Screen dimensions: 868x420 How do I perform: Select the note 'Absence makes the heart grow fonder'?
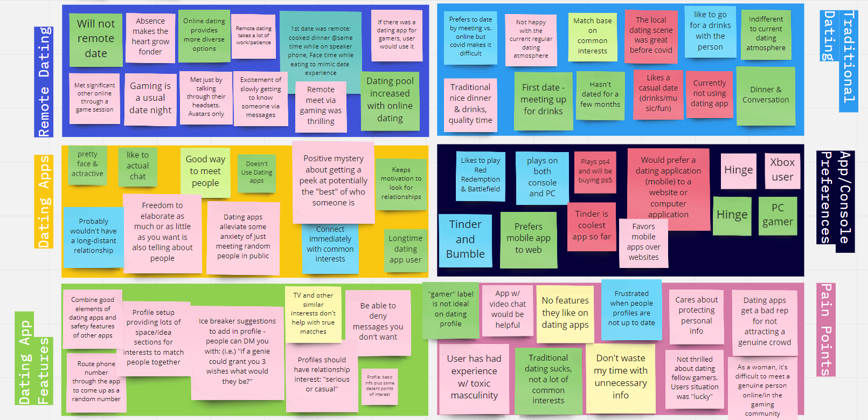(150, 37)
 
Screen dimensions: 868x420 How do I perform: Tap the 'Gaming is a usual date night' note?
(150, 99)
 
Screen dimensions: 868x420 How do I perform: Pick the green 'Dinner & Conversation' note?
(765, 95)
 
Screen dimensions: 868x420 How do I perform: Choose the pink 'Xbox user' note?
(782, 170)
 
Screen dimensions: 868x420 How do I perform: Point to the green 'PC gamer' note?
(777, 215)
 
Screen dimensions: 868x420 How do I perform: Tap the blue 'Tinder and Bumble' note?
(465, 240)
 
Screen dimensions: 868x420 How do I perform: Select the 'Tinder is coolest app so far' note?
(592, 226)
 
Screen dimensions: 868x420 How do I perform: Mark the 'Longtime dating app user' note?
(405, 249)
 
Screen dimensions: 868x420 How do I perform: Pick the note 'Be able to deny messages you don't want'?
(378, 322)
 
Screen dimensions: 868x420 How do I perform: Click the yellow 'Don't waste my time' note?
(620, 377)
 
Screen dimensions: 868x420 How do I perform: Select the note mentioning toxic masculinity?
(474, 377)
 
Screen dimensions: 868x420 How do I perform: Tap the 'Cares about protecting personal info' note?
(696, 316)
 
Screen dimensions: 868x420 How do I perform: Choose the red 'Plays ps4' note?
(595, 171)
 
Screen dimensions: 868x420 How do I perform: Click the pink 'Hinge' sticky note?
(738, 170)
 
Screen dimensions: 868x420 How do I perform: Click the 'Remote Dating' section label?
(44, 81)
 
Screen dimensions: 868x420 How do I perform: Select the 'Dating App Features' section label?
(33, 359)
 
